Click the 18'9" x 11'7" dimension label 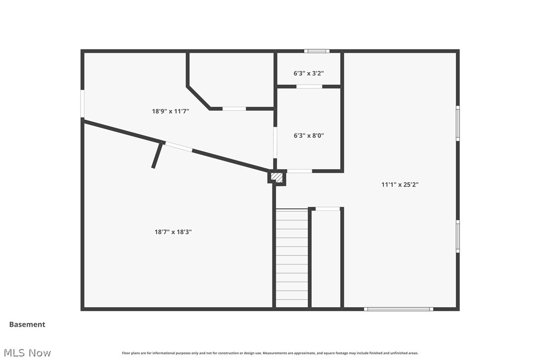171,111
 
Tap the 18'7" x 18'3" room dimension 173,231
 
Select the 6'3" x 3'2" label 309,73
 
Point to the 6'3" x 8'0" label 309,135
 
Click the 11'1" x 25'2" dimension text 400,184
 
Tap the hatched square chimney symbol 277,177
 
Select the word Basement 27,324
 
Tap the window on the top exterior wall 317,51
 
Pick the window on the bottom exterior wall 398,309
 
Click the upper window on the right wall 457,123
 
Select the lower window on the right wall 457,236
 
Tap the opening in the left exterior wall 83,103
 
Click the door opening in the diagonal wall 179,147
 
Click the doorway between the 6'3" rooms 309,87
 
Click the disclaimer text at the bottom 270,353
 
